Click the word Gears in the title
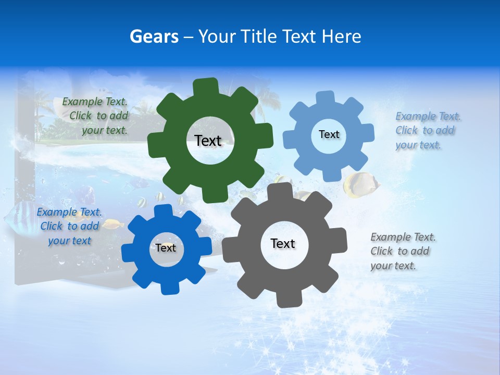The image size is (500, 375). click(x=154, y=36)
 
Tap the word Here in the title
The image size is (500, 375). click(x=342, y=36)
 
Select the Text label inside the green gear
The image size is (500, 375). click(x=208, y=141)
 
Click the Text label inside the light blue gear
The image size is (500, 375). click(x=329, y=134)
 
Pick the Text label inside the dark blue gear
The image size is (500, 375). click(x=166, y=248)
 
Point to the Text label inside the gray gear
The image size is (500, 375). click(x=283, y=243)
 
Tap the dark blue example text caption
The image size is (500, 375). click(x=69, y=227)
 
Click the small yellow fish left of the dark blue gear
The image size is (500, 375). click(x=112, y=224)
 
